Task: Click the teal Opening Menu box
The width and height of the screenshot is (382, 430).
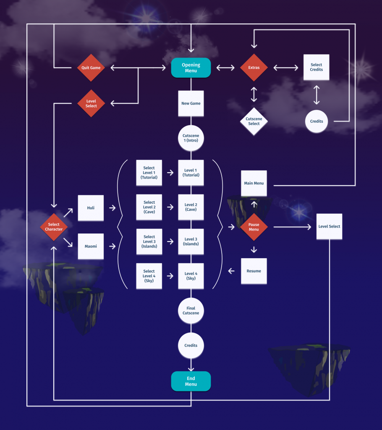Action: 191,68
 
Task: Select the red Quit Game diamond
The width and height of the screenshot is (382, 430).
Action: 91,68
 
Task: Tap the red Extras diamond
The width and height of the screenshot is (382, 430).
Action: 254,68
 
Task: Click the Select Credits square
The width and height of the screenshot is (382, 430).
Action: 316,68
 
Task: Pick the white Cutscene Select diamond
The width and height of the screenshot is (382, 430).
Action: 254,121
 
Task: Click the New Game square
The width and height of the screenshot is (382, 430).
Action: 191,103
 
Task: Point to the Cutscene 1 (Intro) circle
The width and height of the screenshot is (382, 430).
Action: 191,138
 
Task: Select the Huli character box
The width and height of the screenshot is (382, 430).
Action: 91,207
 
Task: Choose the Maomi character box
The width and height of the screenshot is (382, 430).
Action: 91,246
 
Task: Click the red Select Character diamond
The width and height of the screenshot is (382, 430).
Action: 54,227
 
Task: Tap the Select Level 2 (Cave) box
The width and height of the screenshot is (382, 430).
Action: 149,207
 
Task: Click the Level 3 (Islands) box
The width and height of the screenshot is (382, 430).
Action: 191,241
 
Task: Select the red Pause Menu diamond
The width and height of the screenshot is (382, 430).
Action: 254,227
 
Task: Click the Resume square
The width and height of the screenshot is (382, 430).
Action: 254,271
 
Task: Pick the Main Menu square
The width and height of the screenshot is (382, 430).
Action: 254,183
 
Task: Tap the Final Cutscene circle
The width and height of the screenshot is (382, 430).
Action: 191,311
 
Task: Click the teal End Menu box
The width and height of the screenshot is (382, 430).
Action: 191,381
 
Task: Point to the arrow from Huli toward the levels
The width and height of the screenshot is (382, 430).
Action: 112,207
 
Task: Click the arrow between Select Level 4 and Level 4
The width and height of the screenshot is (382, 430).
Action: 170,276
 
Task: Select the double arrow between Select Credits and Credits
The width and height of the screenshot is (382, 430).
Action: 317,95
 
